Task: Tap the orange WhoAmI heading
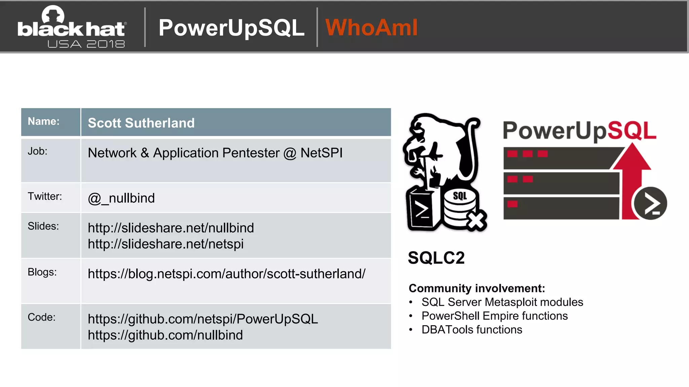(371, 28)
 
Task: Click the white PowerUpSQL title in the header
(231, 28)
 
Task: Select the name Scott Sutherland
(141, 123)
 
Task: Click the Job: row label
(37, 151)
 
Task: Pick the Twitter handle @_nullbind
(121, 198)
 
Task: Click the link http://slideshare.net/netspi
(166, 244)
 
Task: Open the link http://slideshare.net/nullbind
(171, 228)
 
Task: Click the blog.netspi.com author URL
(226, 274)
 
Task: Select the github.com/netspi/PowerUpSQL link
(203, 319)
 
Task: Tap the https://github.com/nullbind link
(165, 335)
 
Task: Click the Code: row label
(41, 317)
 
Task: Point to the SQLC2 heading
(436, 258)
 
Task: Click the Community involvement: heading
(476, 288)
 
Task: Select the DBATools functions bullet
(472, 330)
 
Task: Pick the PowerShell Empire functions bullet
(494, 316)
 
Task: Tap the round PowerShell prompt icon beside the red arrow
(650, 204)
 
